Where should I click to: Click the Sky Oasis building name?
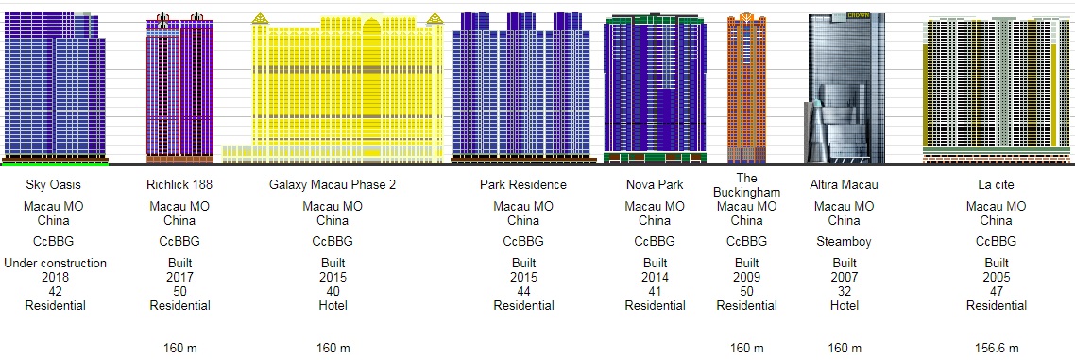tap(55, 184)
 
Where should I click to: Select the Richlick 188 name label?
tap(179, 184)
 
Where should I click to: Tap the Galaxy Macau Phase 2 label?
tap(333, 184)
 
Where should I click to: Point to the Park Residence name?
tap(523, 184)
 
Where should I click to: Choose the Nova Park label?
tap(655, 184)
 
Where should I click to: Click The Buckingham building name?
tap(746, 186)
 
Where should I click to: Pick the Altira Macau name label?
tap(844, 184)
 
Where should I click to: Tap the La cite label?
tap(997, 184)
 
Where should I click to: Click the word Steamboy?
tap(844, 241)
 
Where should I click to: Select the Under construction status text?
tap(55, 264)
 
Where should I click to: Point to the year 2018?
tap(55, 278)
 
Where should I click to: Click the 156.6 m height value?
tap(997, 349)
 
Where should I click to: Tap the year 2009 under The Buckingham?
tap(746, 278)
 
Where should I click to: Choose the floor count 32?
tap(844, 291)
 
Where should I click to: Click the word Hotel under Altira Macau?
tap(844, 305)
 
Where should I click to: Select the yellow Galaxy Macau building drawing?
tap(333, 89)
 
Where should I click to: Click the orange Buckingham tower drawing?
tap(746, 89)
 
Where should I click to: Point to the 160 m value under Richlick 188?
tap(179, 349)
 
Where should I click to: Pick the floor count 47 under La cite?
tap(997, 291)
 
